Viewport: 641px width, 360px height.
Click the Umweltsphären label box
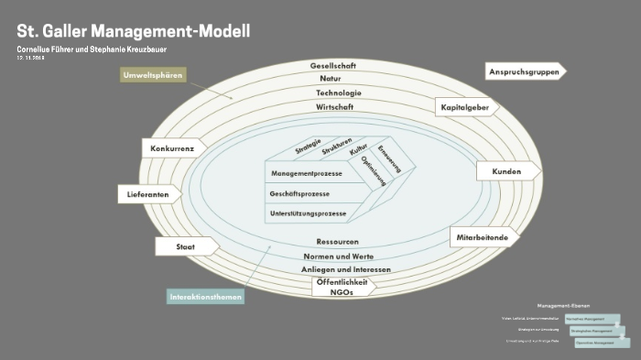coord(154,74)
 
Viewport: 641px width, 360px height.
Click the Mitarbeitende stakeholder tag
coord(483,237)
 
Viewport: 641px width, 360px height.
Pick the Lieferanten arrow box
coord(149,194)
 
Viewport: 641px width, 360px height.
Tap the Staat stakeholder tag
coord(186,246)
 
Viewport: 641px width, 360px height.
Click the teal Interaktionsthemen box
coord(205,296)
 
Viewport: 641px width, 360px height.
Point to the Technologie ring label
coord(339,93)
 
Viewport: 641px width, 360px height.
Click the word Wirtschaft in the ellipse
coord(335,107)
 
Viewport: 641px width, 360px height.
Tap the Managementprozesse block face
coord(306,172)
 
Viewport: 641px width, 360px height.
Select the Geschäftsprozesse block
coord(299,194)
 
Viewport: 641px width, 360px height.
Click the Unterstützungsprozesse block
coord(308,213)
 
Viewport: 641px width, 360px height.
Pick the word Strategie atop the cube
coord(308,146)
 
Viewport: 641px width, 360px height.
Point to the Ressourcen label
coord(331,242)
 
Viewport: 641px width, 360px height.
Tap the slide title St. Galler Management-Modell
coord(133,30)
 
